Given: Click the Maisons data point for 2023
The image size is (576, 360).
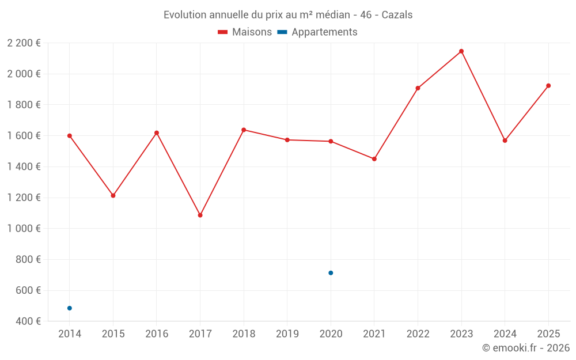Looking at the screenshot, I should [461, 51].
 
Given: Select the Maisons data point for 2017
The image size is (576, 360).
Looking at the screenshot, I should [200, 215].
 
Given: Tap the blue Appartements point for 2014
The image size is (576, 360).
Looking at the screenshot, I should [70, 308].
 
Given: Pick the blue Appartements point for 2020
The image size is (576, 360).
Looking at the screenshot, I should [331, 273].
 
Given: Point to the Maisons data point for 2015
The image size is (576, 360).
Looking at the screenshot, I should [113, 196].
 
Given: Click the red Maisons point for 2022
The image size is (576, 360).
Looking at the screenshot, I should [418, 88].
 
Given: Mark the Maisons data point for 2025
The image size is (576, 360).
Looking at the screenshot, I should [548, 86].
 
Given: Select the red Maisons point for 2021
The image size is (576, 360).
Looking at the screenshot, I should [374, 159].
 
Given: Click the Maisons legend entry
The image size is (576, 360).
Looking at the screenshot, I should [245, 32].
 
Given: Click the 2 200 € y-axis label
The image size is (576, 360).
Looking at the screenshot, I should [24, 43].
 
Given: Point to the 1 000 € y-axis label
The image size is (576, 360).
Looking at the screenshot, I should [24, 229].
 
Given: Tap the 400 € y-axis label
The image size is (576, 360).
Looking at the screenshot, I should [28, 321].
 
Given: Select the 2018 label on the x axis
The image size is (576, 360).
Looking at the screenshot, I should [244, 334].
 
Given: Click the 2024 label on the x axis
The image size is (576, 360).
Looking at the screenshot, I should [505, 334].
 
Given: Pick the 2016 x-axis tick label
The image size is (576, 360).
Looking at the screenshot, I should [157, 334].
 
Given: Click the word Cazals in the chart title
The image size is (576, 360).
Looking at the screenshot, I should [397, 15].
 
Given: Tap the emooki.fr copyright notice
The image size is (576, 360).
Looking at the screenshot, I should [526, 348].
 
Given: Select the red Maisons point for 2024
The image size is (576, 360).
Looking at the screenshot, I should [505, 141].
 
